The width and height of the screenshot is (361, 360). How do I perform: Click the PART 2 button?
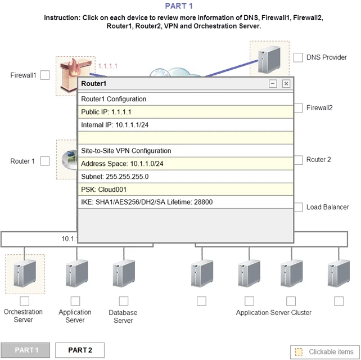click(x=80, y=350)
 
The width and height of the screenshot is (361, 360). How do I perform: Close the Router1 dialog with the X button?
click(x=286, y=84)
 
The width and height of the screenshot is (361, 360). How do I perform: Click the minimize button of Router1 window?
click(x=273, y=84)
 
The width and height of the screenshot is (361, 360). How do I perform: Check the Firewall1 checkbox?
click(x=45, y=75)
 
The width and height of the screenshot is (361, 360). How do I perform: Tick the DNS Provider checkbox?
click(x=298, y=57)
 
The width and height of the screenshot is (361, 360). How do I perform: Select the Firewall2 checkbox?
click(x=298, y=107)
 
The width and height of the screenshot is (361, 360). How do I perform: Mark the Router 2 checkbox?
click(x=298, y=160)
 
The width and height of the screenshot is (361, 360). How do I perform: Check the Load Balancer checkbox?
click(x=298, y=207)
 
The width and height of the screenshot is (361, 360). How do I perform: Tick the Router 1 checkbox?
click(x=45, y=161)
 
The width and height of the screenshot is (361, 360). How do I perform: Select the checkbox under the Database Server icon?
click(x=123, y=301)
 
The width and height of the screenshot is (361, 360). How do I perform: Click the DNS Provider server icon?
click(x=269, y=60)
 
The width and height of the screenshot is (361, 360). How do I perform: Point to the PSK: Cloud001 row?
click(x=185, y=190)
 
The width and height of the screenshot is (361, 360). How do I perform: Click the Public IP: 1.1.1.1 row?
click(x=185, y=112)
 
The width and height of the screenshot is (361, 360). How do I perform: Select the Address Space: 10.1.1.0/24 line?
click(x=185, y=164)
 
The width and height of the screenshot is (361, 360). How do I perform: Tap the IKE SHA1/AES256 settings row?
click(x=185, y=202)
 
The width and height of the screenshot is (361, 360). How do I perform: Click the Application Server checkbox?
click(x=75, y=301)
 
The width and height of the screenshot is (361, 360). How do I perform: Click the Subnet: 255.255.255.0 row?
click(x=185, y=177)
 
